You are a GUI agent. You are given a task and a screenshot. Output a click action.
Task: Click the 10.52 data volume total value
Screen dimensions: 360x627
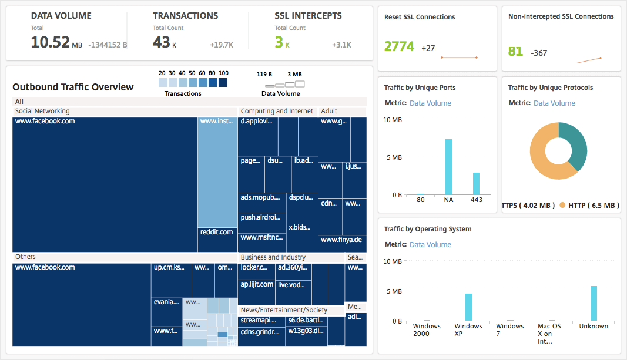(x=50, y=42)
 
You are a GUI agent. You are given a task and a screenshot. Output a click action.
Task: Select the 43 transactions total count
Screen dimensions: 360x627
(x=161, y=42)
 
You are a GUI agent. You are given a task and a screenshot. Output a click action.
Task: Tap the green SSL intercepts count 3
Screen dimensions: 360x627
(x=279, y=42)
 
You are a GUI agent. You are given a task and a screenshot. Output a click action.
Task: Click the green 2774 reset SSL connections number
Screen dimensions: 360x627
(x=400, y=47)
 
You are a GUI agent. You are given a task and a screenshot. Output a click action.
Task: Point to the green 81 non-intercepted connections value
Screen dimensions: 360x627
(x=515, y=52)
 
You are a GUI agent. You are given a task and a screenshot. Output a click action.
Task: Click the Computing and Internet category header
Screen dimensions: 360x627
(x=277, y=111)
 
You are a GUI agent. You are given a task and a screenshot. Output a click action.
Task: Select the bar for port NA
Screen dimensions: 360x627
(x=448, y=167)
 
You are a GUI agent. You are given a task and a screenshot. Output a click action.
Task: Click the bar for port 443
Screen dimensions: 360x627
(x=476, y=183)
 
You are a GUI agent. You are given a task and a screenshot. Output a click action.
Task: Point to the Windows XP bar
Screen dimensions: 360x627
(x=468, y=307)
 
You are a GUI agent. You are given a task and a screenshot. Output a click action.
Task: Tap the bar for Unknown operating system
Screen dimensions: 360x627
(x=594, y=303)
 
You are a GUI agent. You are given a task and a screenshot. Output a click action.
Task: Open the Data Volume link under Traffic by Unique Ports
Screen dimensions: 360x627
(x=430, y=103)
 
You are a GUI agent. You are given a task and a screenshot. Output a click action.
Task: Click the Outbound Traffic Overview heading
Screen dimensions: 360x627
(x=73, y=88)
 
